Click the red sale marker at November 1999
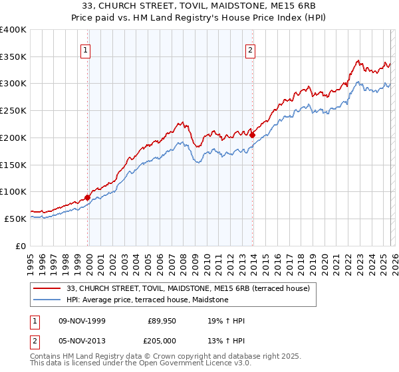click(88, 197)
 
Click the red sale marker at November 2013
click(253, 135)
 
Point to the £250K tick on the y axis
click(13, 111)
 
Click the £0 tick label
click(21, 246)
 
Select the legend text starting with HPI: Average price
click(147, 300)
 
